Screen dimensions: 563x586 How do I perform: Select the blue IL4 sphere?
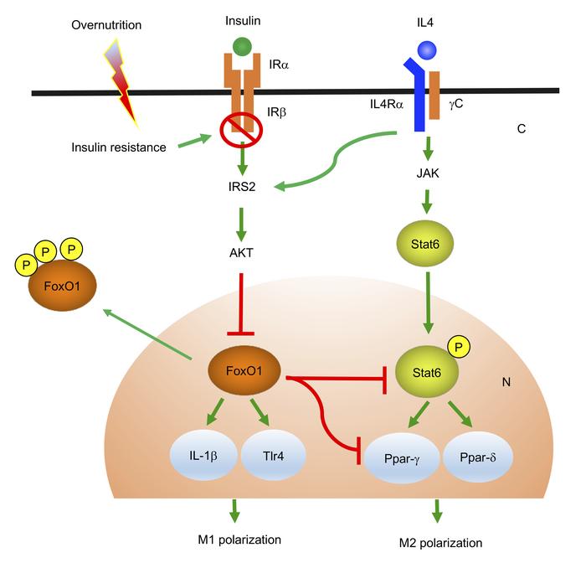click(x=428, y=50)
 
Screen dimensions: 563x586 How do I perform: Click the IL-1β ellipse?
click(x=203, y=457)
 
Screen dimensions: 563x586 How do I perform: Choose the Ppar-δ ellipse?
click(x=481, y=459)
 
